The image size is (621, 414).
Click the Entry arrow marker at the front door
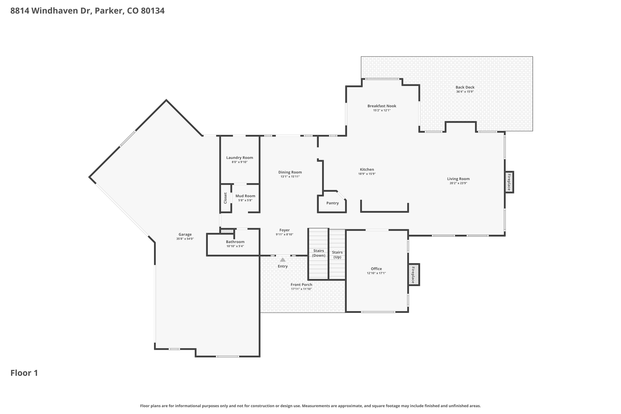tap(283, 260)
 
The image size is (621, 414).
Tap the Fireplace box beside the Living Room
tap(509, 182)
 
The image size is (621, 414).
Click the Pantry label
tap(332, 203)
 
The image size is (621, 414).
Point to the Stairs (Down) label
tap(319, 253)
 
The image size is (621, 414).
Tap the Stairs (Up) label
tap(337, 255)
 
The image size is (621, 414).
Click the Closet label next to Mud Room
tap(225, 198)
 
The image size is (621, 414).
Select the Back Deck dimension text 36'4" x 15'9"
tap(465, 92)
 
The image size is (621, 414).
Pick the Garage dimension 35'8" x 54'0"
tap(185, 239)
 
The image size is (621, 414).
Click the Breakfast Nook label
tap(382, 106)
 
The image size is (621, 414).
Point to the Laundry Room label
tap(239, 158)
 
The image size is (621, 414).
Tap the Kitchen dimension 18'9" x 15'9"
tap(367, 174)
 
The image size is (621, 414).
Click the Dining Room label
tap(290, 172)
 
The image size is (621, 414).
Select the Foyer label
tap(285, 230)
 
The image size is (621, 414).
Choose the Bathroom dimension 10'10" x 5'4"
tap(235, 246)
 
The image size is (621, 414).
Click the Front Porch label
tap(301, 285)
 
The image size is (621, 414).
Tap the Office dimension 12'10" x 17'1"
tap(376, 273)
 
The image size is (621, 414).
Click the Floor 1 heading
tap(24, 373)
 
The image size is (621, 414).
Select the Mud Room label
tap(245, 196)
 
